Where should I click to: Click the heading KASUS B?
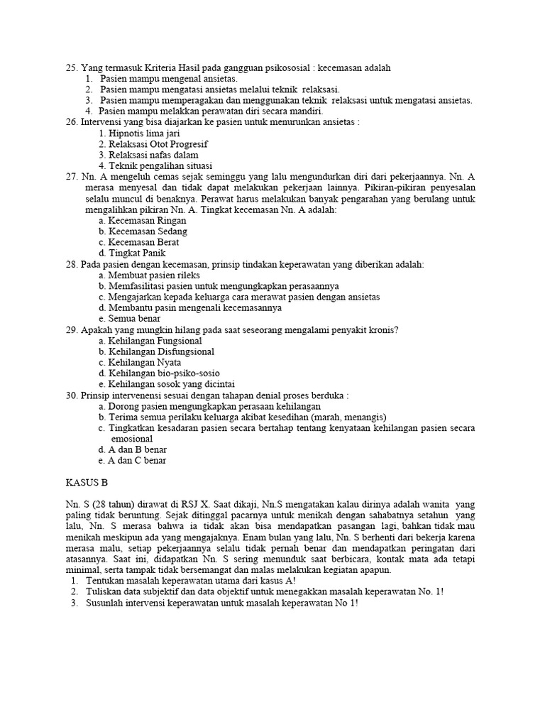85,483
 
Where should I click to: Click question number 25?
71,67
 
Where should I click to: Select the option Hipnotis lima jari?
141,133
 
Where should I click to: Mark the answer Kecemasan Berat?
138,242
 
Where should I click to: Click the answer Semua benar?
129,319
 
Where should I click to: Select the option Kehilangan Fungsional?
150,341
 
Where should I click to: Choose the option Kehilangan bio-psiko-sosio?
159,373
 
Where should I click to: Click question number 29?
71,330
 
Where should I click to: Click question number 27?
71,177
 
